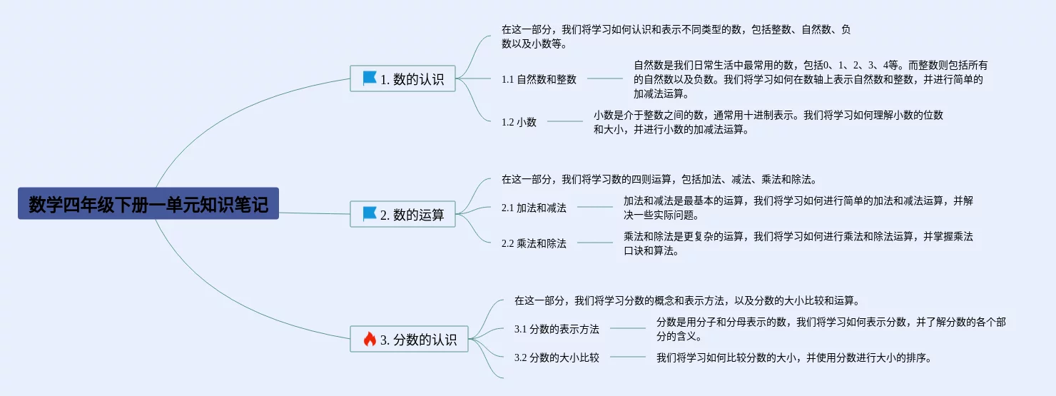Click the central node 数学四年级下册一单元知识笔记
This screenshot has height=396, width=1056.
coord(148,204)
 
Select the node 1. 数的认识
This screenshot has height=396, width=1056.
coord(402,78)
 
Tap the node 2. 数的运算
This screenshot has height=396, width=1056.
coord(402,214)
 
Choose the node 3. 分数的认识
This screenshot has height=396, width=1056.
coord(409,339)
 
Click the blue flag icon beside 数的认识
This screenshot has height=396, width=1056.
coord(370,78)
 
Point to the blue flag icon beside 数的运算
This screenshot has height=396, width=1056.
coord(370,213)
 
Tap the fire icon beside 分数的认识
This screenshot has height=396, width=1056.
coord(370,339)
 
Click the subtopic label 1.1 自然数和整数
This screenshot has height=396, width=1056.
coord(539,79)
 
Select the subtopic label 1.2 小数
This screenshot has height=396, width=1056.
coord(519,122)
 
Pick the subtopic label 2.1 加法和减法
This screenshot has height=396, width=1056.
coord(534,208)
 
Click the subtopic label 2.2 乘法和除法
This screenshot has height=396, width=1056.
coord(534,243)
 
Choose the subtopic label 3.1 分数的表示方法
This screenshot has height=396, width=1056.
coord(557,329)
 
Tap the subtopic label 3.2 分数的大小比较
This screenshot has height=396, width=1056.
coord(557,357)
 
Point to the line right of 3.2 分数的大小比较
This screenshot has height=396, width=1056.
coord(627,357)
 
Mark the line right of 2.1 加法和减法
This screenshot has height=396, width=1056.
coord(594,208)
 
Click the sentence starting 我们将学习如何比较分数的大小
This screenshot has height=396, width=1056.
coord(794,357)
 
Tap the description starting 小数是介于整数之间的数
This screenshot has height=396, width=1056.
coord(768,122)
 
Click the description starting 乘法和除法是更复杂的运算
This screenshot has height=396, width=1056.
coord(798,243)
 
